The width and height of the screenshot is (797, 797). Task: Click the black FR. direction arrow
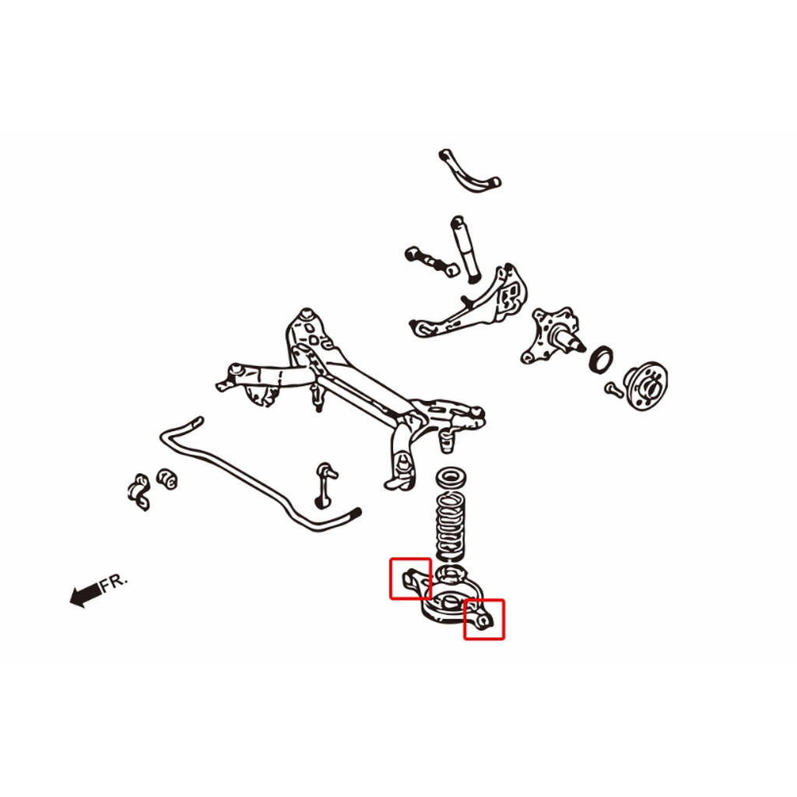(x=86, y=594)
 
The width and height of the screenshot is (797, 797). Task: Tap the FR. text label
(x=114, y=583)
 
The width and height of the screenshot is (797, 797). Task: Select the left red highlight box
(x=410, y=578)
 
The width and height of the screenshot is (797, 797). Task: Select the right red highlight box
(x=484, y=619)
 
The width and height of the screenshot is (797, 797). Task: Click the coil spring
(x=451, y=527)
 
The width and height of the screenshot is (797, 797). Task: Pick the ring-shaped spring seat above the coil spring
(x=449, y=478)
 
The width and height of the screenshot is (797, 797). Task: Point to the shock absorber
(x=466, y=248)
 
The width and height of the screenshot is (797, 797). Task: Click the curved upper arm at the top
(x=468, y=170)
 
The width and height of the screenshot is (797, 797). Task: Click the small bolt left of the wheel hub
(x=613, y=390)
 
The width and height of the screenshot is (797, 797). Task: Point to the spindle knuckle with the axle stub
(x=552, y=335)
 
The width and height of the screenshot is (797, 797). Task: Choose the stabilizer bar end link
(x=324, y=485)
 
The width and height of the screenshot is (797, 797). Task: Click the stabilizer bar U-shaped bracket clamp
(x=139, y=492)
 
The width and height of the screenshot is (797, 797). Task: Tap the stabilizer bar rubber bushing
(x=167, y=479)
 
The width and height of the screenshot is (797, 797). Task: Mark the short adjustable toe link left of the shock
(x=431, y=262)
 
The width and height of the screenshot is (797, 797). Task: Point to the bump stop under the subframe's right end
(x=446, y=441)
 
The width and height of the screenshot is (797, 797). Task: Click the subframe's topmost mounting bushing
(x=306, y=314)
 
